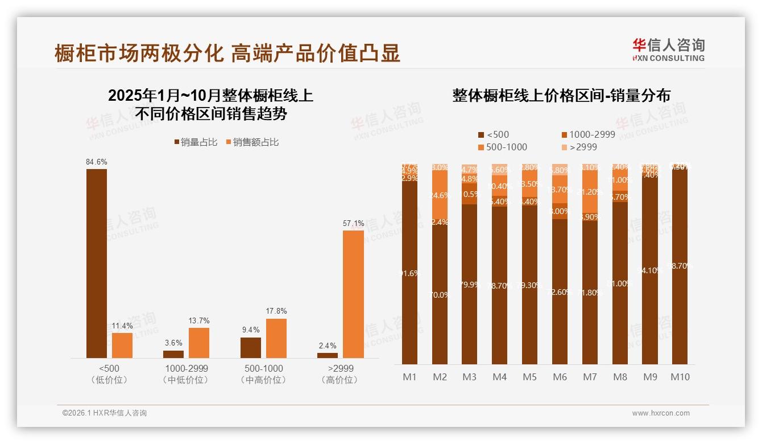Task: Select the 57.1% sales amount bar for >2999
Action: (x=353, y=294)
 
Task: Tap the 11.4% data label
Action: (x=122, y=326)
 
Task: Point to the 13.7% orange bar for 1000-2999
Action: (x=199, y=343)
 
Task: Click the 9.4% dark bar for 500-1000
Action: (x=251, y=348)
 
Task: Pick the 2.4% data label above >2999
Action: (x=328, y=346)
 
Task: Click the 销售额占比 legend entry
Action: (x=252, y=142)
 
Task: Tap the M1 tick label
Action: (x=409, y=377)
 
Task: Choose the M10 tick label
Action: (x=680, y=377)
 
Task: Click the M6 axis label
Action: (x=560, y=377)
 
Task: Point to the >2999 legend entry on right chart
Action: (x=579, y=147)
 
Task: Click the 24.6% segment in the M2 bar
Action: (x=440, y=195)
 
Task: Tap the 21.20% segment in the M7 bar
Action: (x=590, y=192)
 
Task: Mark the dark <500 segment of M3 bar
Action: (x=469, y=285)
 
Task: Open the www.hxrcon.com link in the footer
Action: (x=661, y=413)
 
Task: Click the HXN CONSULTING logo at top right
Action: (x=668, y=50)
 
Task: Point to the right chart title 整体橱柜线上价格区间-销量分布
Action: (x=561, y=96)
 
